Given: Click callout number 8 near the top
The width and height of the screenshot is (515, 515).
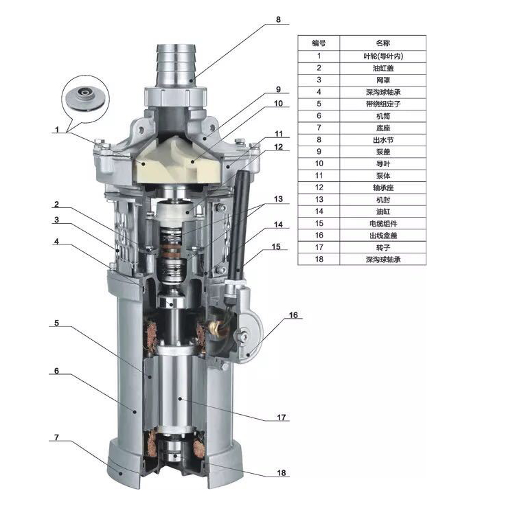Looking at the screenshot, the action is (x=278, y=19).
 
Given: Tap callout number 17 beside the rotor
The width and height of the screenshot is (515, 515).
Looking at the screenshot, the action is (x=281, y=417).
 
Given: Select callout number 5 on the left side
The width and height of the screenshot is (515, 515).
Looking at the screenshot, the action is (x=56, y=323).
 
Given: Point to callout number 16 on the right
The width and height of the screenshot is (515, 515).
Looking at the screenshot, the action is (x=293, y=315).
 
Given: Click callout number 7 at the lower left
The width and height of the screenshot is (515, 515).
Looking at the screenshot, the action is (x=56, y=437).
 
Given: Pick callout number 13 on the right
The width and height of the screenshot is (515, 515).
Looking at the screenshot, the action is (x=278, y=198).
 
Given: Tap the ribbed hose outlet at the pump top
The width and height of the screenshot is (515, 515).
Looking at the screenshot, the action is (x=176, y=66).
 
